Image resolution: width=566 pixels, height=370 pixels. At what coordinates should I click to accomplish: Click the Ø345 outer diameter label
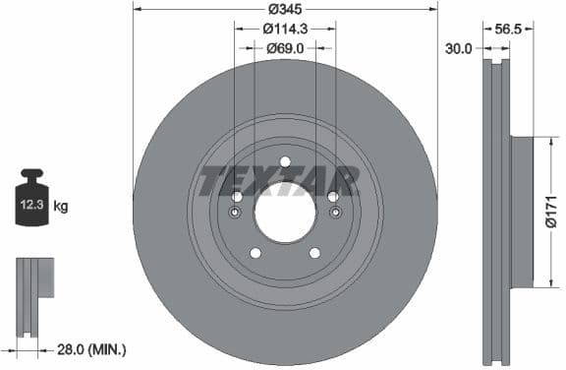click(285, 10)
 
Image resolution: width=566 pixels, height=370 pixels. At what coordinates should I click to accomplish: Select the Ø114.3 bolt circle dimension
click(285, 30)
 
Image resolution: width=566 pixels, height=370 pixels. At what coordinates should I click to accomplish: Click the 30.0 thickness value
click(459, 47)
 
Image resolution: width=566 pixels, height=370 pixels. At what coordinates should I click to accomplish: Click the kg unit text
click(61, 207)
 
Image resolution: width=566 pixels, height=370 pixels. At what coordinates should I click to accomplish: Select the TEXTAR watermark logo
click(279, 182)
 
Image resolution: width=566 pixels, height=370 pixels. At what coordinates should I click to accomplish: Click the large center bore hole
click(285, 212)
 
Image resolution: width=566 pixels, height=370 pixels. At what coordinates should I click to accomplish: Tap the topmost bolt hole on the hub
click(285, 162)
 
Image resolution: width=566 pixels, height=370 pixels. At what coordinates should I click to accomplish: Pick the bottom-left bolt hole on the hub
click(255, 253)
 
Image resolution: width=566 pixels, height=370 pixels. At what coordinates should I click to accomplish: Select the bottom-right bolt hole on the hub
click(314, 253)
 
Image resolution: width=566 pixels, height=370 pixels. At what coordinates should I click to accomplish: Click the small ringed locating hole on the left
click(236, 213)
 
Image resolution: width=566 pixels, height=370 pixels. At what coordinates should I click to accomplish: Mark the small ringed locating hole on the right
click(334, 213)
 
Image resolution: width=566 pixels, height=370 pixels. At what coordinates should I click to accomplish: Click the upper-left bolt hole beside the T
click(237, 197)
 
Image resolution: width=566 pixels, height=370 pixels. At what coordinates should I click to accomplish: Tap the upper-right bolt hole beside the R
click(333, 197)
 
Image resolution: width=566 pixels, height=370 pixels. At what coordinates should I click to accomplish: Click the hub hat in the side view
click(521, 211)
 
